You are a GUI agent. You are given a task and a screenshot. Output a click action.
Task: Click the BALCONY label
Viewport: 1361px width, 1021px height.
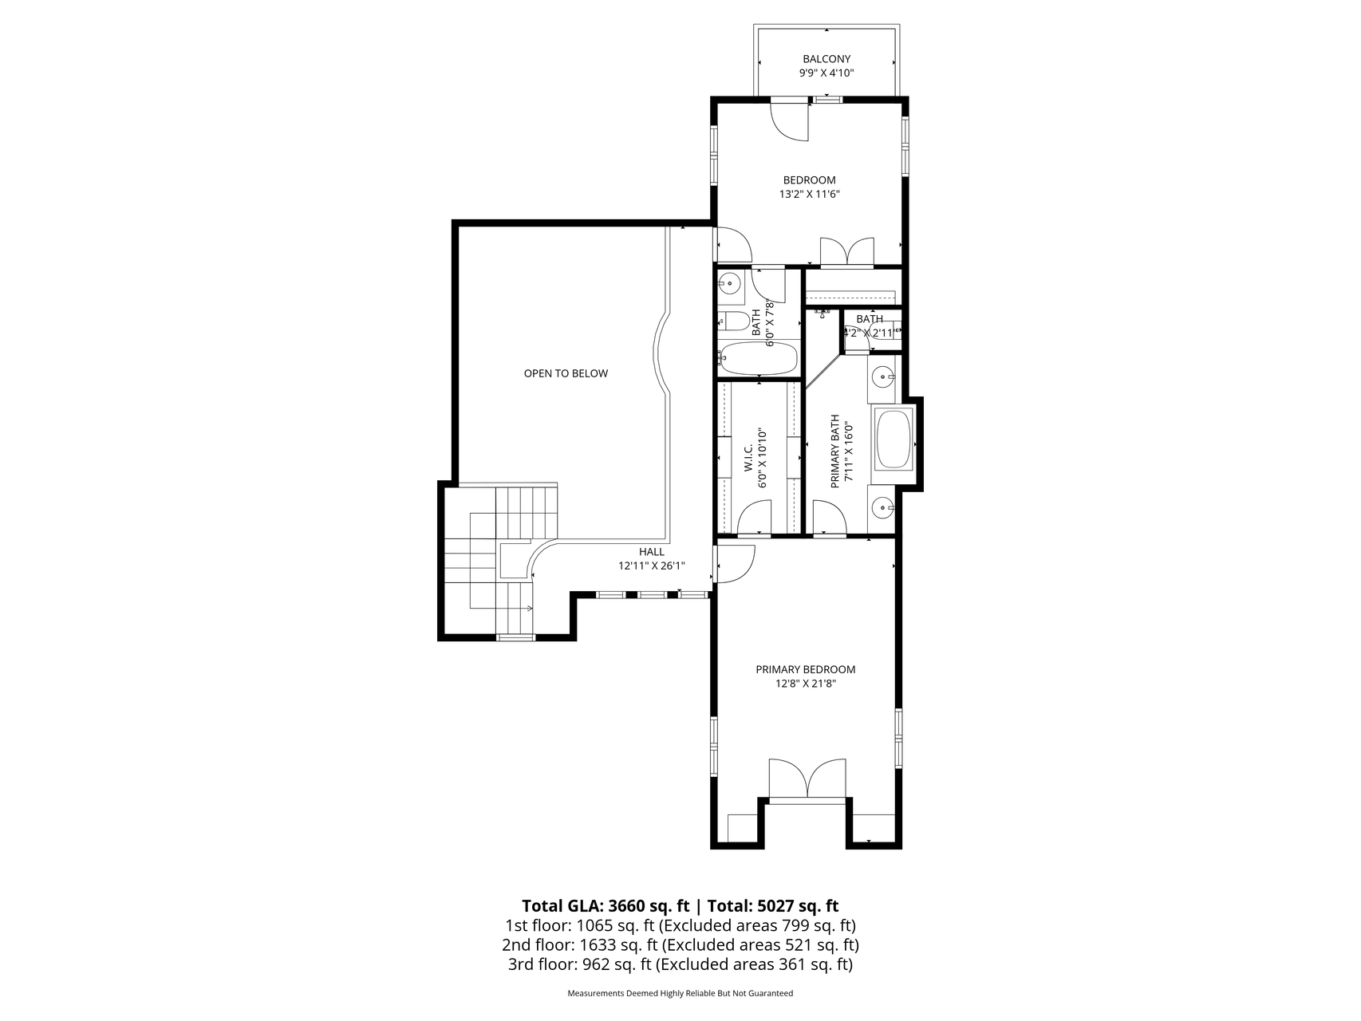click(826, 59)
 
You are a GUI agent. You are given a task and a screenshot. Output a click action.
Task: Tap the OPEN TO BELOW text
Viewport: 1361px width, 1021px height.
click(566, 373)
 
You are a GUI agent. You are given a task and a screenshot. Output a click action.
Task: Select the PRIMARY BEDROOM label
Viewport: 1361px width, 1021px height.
click(806, 670)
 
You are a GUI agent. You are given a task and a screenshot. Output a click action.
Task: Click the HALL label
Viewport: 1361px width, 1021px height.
click(651, 552)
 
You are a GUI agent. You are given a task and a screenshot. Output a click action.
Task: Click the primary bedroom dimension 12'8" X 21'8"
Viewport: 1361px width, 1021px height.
click(806, 684)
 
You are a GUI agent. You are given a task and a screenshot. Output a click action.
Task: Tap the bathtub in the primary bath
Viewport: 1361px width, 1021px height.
click(894, 438)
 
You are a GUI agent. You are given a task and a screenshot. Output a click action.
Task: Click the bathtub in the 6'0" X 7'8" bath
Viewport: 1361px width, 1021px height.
click(758, 358)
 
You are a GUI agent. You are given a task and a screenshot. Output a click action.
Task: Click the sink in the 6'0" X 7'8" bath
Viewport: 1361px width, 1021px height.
click(729, 282)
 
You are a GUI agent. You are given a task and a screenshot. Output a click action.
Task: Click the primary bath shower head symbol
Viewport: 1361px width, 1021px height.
click(821, 313)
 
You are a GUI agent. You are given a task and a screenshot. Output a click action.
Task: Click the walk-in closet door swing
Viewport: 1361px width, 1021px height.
click(755, 517)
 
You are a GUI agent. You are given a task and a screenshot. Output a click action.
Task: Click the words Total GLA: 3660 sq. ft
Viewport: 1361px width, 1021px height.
click(606, 906)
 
